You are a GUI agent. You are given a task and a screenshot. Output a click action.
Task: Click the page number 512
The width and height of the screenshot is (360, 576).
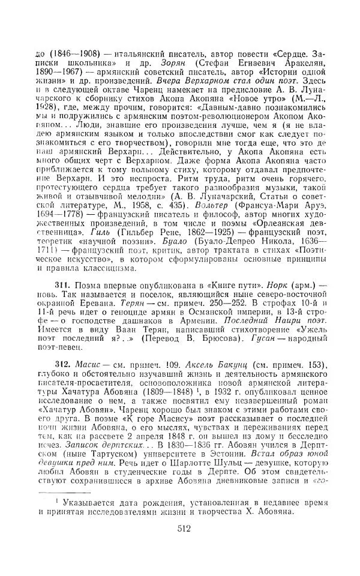point(184,545)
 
